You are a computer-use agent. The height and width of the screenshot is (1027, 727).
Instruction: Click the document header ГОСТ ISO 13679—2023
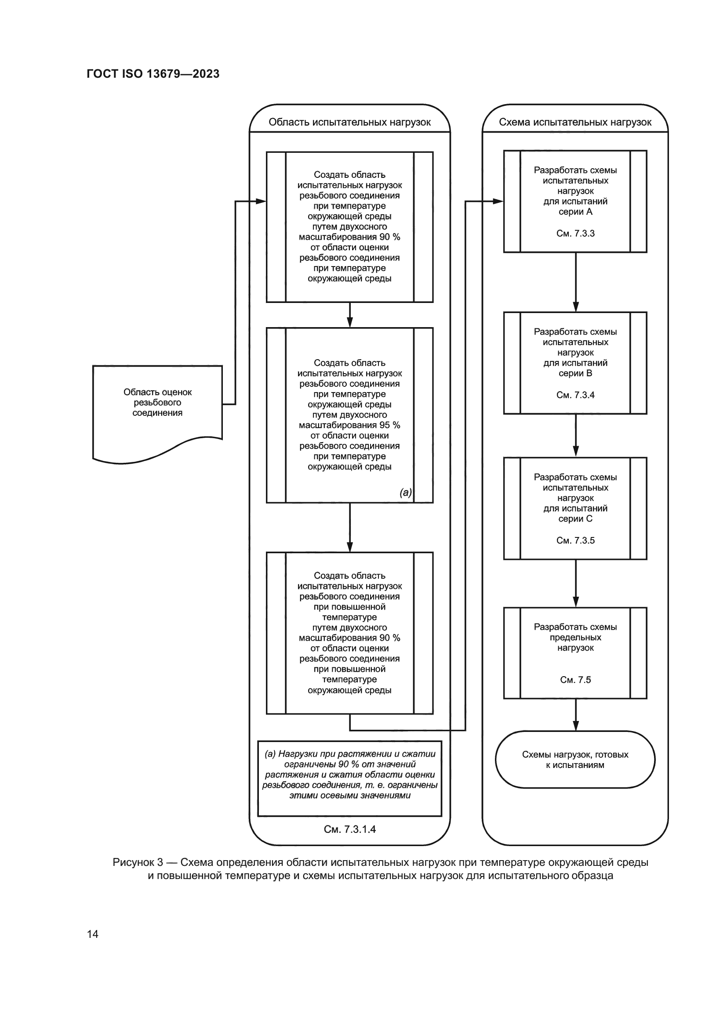(x=153, y=74)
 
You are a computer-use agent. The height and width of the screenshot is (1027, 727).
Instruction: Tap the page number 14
(x=93, y=934)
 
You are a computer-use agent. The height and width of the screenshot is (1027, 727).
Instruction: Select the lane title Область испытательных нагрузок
(x=349, y=122)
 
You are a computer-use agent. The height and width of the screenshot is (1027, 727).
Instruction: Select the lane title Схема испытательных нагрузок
(x=575, y=122)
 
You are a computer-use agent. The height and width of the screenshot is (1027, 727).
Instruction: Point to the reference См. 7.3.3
(x=575, y=234)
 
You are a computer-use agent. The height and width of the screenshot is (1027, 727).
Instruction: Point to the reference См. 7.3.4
(x=575, y=395)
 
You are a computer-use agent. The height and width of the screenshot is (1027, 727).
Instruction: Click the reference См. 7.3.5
(x=575, y=541)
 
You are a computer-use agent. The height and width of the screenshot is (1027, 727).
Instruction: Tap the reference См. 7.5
(x=575, y=680)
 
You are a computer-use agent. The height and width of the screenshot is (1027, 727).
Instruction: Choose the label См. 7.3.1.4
(x=349, y=829)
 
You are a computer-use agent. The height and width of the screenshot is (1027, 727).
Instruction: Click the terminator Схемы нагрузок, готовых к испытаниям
(x=575, y=760)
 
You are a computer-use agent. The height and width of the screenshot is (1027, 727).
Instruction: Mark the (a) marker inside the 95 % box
(x=406, y=493)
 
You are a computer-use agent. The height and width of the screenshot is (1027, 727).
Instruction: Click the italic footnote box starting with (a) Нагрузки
(x=349, y=779)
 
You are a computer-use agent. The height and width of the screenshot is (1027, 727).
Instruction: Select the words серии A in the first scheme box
(x=575, y=212)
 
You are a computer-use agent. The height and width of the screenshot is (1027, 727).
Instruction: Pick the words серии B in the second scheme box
(x=575, y=373)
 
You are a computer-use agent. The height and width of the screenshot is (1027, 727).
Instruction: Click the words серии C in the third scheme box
(x=575, y=519)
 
